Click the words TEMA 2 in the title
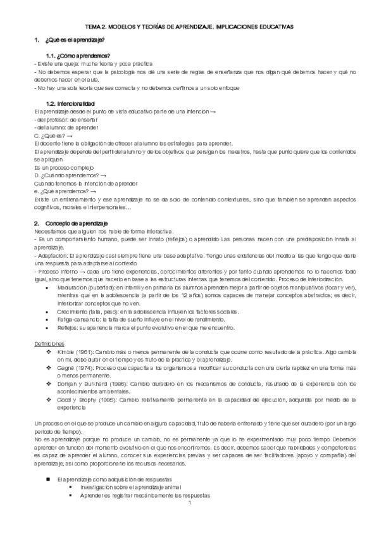point(96,27)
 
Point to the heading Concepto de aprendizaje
point(77,224)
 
